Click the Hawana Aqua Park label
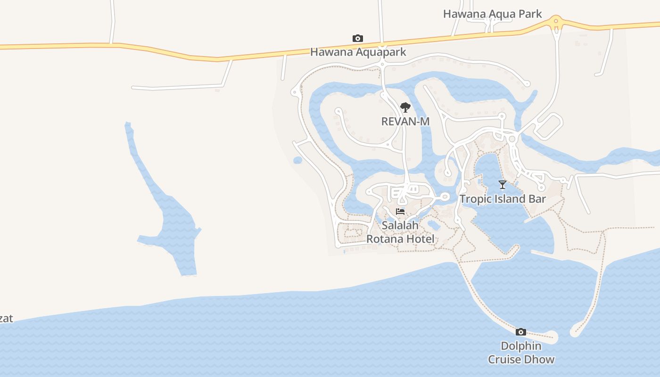tap(492, 14)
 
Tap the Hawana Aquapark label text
tap(358, 52)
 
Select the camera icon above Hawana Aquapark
tap(358, 39)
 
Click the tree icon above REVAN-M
tap(405, 107)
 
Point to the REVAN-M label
tap(405, 122)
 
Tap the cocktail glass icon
tap(503, 185)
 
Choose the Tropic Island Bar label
tap(503, 199)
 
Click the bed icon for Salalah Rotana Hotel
tap(400, 212)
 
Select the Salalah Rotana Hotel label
tap(400, 232)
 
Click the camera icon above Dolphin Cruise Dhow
tap(521, 332)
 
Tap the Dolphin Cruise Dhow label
tap(521, 353)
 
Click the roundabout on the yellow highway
tap(556, 21)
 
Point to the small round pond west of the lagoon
tap(297, 161)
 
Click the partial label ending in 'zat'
tap(6, 319)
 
